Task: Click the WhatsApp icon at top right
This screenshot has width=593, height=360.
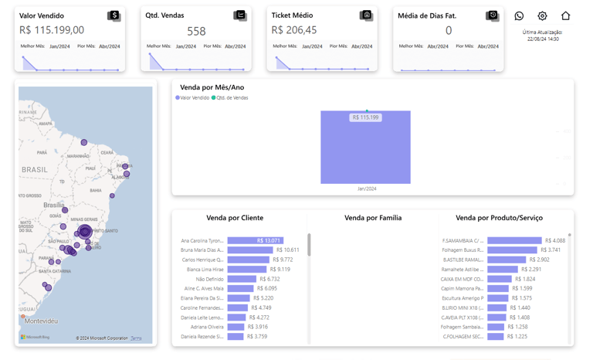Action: (519, 16)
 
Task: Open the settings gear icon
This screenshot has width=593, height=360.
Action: (542, 16)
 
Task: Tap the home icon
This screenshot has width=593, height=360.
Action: (565, 16)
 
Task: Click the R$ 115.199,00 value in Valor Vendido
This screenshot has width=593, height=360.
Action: (52, 30)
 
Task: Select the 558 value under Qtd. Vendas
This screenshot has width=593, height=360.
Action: (196, 31)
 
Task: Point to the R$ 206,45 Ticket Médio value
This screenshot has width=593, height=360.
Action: (294, 30)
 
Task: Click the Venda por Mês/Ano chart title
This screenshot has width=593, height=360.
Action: (212, 87)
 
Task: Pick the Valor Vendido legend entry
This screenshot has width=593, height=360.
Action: (195, 98)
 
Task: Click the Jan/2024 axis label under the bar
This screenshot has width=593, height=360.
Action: (366, 188)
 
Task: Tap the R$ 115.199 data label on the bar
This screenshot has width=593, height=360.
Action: (365, 117)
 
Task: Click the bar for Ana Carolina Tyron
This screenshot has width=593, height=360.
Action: (254, 240)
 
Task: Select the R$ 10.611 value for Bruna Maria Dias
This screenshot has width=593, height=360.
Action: (287, 250)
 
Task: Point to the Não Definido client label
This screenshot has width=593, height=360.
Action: (209, 279)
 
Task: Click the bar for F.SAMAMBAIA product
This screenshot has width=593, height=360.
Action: (514, 240)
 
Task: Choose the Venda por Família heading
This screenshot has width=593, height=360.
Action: (373, 218)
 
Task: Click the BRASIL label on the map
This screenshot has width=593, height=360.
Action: (35, 169)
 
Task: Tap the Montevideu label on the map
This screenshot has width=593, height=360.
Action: (40, 321)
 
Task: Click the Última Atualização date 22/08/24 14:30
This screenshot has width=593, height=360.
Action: (542, 39)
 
